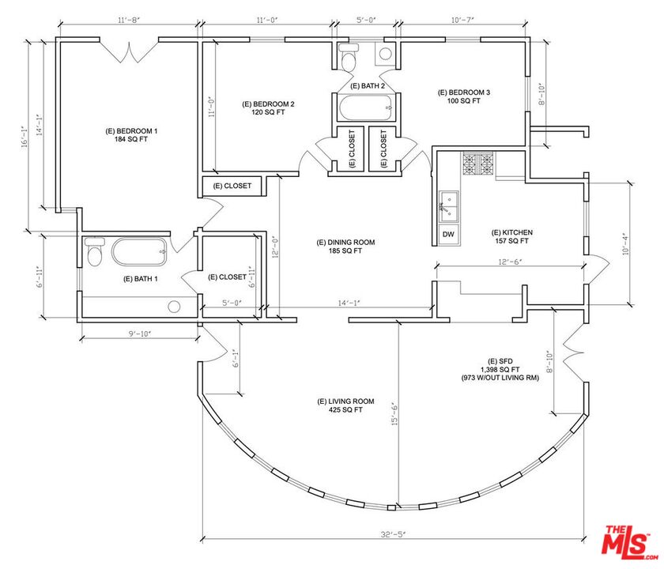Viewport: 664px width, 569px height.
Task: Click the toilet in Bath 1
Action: click(94, 251)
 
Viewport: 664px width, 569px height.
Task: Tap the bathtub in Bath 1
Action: click(139, 252)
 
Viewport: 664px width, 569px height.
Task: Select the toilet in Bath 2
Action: click(349, 58)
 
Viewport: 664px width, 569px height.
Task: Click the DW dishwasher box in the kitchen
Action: click(448, 234)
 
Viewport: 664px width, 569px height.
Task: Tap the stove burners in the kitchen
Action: click(478, 164)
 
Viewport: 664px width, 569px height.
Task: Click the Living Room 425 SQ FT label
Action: click(345, 405)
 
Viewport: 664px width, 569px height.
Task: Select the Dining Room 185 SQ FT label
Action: click(345, 247)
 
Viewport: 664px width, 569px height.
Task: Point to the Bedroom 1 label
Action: click(131, 135)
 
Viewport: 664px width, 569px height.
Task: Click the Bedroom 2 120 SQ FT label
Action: click(268, 108)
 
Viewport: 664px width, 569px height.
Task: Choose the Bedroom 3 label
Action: click(464, 96)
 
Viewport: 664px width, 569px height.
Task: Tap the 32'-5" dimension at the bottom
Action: click(393, 534)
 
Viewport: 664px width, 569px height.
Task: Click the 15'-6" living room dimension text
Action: click(394, 413)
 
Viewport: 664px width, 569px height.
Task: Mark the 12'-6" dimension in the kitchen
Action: click(508, 262)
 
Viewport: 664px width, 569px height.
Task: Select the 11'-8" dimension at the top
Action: click(128, 20)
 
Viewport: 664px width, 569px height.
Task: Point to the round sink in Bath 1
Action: click(174, 307)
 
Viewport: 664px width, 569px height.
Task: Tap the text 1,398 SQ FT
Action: click(500, 370)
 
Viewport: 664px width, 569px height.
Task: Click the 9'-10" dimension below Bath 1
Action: click(140, 333)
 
